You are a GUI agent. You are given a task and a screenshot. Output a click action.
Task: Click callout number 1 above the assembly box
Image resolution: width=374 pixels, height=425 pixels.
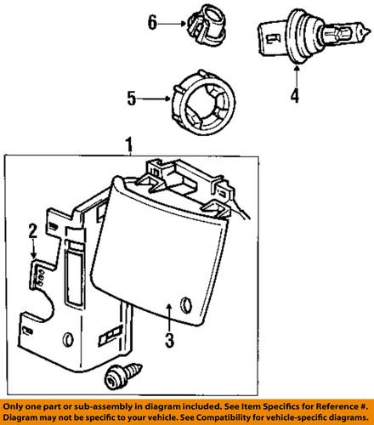(130, 145)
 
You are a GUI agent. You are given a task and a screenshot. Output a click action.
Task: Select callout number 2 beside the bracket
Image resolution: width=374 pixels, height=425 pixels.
(31, 229)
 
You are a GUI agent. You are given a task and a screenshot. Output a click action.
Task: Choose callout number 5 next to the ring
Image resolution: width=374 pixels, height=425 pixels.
(131, 99)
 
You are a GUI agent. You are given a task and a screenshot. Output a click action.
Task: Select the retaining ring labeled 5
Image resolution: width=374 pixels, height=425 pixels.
(202, 100)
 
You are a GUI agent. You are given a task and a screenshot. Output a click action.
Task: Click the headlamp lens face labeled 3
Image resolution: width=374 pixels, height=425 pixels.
(161, 255)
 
